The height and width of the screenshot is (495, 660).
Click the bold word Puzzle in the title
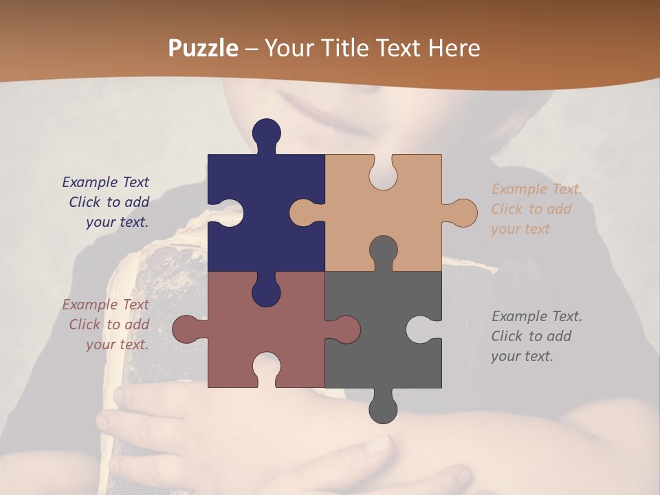pos(203,48)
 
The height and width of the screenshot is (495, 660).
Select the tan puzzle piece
pos(406,206)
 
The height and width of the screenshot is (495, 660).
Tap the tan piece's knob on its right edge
pos(461,212)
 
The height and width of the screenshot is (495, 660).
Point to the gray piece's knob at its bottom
pos(383,407)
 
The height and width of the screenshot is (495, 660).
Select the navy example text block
pos(106,202)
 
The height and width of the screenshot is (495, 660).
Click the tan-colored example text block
pos(536,209)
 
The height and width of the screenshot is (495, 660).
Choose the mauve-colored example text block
pos(106,324)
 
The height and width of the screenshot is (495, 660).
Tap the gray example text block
pos(536,336)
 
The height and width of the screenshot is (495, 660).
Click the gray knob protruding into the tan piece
pos(383,251)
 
